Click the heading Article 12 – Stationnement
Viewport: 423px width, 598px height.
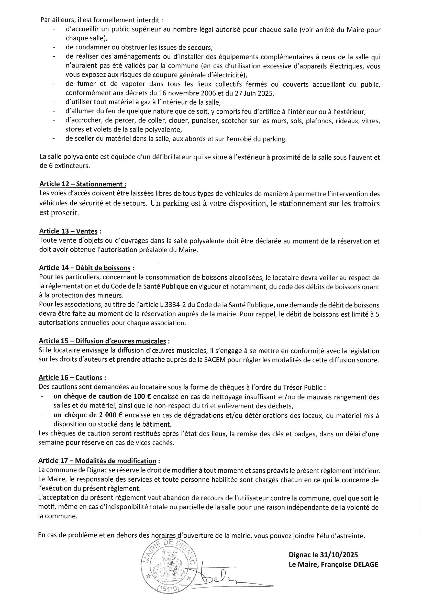tap(83, 184)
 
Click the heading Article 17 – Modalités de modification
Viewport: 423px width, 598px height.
tap(97, 461)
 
